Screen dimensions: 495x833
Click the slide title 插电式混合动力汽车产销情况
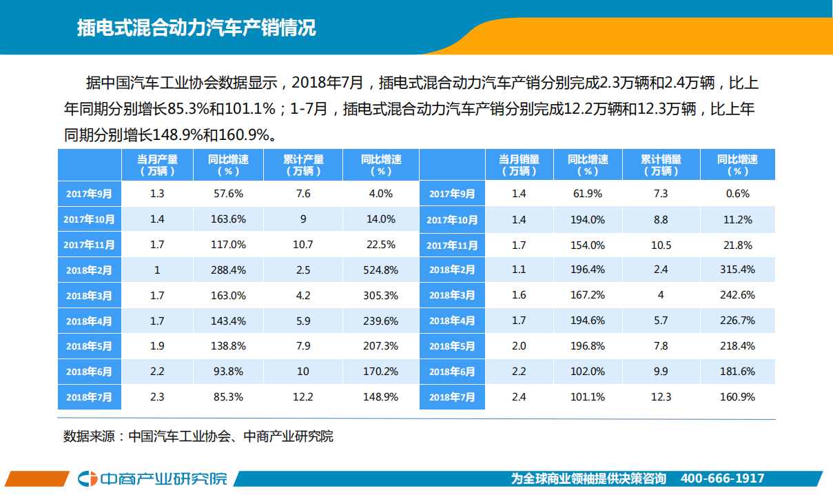tap(196, 28)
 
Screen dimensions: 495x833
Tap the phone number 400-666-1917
tap(722, 478)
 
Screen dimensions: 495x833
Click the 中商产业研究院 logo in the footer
tap(152, 478)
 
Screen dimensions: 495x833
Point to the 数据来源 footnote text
tap(198, 436)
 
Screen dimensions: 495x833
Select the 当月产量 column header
tap(157, 165)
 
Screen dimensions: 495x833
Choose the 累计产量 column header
tap(303, 165)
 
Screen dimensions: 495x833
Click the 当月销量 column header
tap(519, 165)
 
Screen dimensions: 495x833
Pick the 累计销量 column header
tap(661, 165)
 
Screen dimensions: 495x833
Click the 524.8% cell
tap(381, 270)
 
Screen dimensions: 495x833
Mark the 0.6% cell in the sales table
tap(737, 194)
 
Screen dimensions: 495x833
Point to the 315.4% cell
tap(737, 270)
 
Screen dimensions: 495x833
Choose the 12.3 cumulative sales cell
tap(661, 397)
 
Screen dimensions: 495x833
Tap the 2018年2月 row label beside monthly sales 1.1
tap(452, 270)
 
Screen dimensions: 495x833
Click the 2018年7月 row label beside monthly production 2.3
tap(90, 397)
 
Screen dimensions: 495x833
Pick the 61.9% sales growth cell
tap(588, 194)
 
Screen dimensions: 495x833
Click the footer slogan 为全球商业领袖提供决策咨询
tap(588, 478)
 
